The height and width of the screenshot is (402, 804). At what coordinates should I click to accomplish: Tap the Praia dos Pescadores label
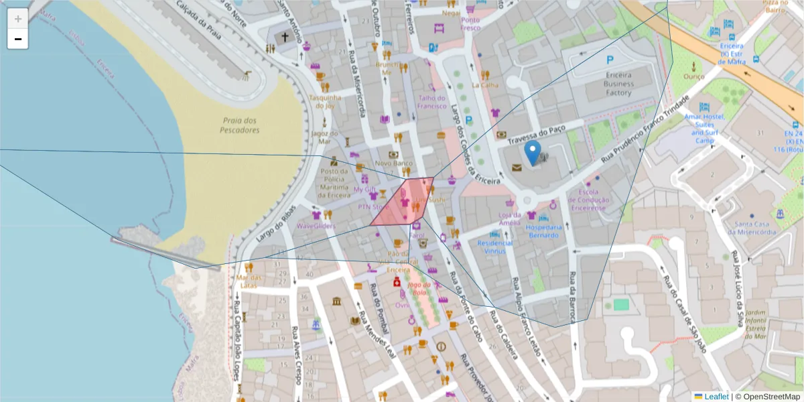pos(239,125)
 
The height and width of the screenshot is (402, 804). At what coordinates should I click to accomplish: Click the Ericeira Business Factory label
pos(618,84)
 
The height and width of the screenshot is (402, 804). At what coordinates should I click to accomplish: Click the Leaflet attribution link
pos(716,397)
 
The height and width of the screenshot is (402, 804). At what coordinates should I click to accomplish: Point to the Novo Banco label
pos(393,163)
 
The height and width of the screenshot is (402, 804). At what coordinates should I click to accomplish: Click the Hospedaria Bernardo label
pos(543,230)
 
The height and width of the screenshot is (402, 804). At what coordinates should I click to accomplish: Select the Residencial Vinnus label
pos(495,247)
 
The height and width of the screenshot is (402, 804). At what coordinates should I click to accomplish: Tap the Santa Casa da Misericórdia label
pos(754,228)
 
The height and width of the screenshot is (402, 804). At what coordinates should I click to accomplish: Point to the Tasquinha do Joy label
pos(325,101)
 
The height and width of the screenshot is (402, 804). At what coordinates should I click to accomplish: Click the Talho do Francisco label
pos(431,102)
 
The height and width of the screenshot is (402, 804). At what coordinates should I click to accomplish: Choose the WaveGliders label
pos(316,226)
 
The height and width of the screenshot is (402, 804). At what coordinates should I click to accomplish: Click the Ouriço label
pos(694,76)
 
